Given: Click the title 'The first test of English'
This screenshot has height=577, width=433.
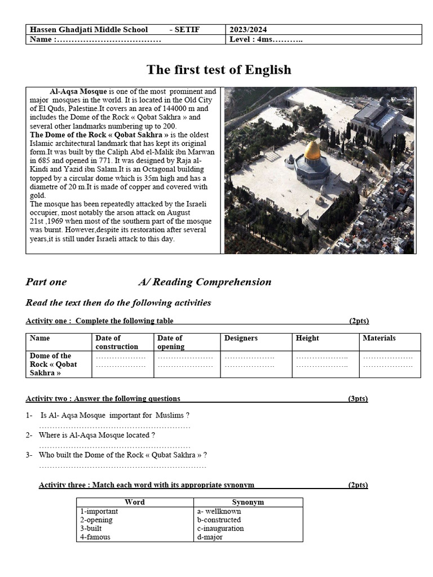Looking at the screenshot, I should pyautogui.click(x=219, y=70).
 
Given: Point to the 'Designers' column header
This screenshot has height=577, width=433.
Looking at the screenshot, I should pyautogui.click(x=241, y=338).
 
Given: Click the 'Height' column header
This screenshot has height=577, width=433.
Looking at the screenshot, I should pyautogui.click(x=307, y=338).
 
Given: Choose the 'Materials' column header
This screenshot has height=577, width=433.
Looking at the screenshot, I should pyautogui.click(x=379, y=338).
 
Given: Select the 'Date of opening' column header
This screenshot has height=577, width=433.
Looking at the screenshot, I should pyautogui.click(x=170, y=342).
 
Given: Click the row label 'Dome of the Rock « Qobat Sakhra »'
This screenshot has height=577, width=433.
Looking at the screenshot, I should pyautogui.click(x=54, y=364).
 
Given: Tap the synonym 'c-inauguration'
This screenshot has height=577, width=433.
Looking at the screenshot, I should pyautogui.click(x=220, y=529).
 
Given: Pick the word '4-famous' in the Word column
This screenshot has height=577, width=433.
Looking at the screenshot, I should pyautogui.click(x=95, y=537).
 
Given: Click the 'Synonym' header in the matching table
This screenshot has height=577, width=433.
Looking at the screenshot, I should pyautogui.click(x=248, y=502).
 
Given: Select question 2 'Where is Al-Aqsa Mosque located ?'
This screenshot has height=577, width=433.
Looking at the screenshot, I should pyautogui.click(x=97, y=435).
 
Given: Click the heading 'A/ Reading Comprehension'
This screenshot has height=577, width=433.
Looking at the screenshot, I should pyautogui.click(x=205, y=282).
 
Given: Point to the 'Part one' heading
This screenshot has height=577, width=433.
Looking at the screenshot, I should pyautogui.click(x=46, y=282).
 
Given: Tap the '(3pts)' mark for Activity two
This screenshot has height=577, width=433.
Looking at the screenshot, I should pyautogui.click(x=358, y=398).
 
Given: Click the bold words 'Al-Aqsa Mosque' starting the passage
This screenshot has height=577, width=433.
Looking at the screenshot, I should pyautogui.click(x=78, y=91).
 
